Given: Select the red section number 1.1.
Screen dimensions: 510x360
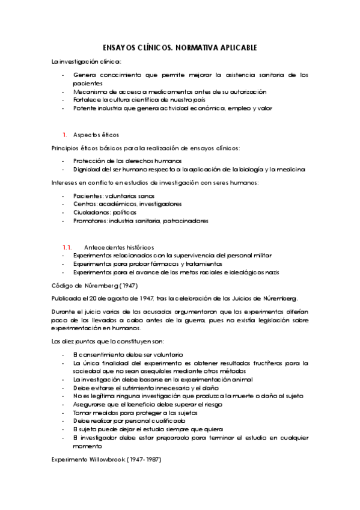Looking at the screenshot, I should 67,248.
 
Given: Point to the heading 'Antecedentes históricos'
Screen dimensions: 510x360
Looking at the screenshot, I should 120,248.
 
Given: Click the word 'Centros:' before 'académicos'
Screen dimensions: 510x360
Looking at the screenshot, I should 85,204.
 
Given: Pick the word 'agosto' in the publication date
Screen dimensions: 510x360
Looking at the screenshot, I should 115,298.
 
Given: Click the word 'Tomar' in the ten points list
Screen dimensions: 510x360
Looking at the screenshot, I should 81,413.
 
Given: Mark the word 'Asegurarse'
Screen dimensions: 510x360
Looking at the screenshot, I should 88,405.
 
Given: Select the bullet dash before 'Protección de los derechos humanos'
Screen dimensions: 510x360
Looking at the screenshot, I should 63,161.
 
